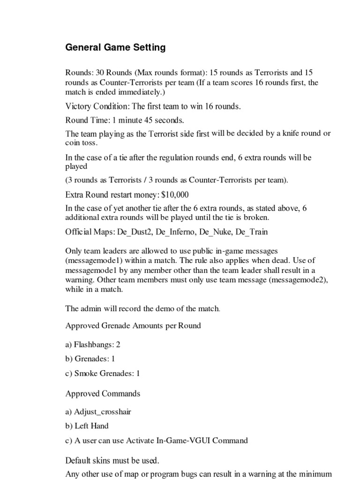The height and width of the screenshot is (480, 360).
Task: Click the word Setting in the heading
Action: [149, 47]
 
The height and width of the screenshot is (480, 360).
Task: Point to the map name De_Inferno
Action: [178, 232]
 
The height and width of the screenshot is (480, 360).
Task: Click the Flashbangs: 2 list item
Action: [93, 345]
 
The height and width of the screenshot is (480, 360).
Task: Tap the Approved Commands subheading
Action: [103, 393]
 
